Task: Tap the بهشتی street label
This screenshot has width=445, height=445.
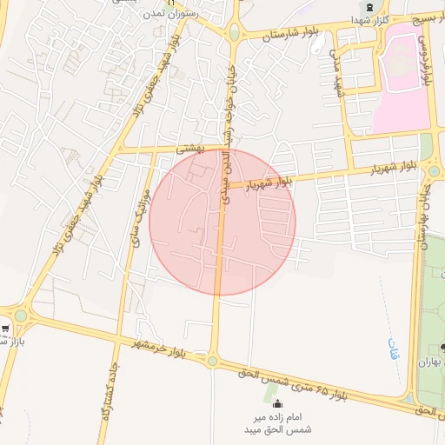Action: coord(189,149)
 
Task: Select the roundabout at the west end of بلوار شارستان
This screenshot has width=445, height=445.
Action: coord(233,35)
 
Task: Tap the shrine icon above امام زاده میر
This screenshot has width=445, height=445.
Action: coord(277,404)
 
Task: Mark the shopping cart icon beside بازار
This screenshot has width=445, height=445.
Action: coord(5,329)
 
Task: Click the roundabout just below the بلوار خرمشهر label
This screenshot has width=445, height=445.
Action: coord(212,359)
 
